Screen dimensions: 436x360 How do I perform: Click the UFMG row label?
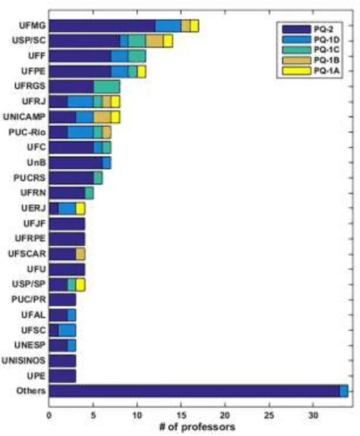point(32,25)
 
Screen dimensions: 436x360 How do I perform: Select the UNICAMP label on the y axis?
point(25,117)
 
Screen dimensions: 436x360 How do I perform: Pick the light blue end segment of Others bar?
point(344,391)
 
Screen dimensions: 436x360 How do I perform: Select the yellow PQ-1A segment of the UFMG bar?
point(194,25)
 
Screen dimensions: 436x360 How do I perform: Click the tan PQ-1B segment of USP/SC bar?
point(155,41)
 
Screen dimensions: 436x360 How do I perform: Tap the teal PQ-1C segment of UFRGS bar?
point(106,87)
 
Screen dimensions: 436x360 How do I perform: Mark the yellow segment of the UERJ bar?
point(80,208)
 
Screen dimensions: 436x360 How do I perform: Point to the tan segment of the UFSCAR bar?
point(80,254)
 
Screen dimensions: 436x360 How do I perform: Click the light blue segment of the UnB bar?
point(106,163)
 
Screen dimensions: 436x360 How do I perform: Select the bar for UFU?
point(67,269)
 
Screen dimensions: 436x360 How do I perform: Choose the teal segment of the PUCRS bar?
point(98,178)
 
